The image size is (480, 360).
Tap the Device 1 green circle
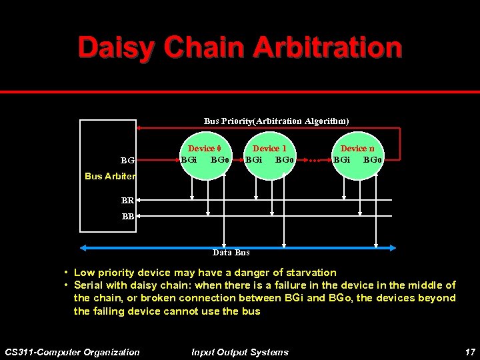270,159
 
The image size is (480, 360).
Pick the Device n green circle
358,159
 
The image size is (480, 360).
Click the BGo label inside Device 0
220,160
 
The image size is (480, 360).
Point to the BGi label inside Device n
342,160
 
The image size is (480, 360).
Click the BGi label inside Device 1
253,160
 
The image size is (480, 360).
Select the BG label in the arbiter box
127,161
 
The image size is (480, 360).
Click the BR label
127,199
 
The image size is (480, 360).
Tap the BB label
127,217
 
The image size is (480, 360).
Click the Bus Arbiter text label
110,177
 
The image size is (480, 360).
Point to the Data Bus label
231,253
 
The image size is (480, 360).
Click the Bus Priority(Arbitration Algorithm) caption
276,121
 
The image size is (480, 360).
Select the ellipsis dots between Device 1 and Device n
315,161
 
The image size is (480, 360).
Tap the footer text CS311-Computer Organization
72,352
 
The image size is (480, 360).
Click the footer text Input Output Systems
240,352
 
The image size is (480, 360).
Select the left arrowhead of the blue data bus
83,247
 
